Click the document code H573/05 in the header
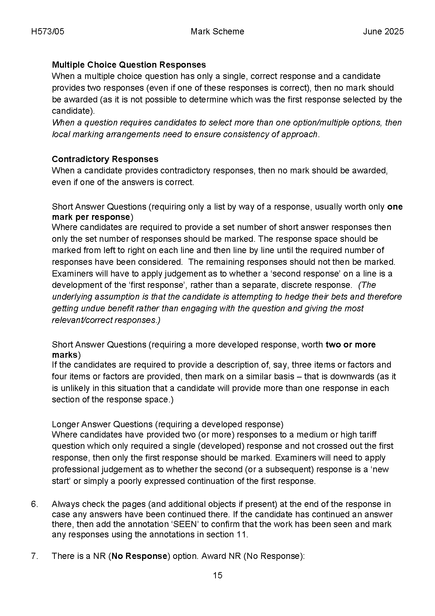pyautogui.click(x=48, y=31)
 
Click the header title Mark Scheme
pyautogui.click(x=217, y=31)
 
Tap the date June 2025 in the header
pyautogui.click(x=383, y=31)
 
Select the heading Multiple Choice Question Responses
pyautogui.click(x=129, y=65)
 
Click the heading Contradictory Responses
pyautogui.click(x=105, y=159)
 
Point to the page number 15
pyautogui.click(x=217, y=575)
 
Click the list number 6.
pyautogui.click(x=34, y=504)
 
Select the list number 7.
pyautogui.click(x=34, y=556)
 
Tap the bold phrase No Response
pyautogui.click(x=139, y=556)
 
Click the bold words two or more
pyautogui.click(x=350, y=345)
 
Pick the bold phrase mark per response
pyautogui.click(x=91, y=217)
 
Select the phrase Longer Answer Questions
pyautogui.click(x=102, y=424)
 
